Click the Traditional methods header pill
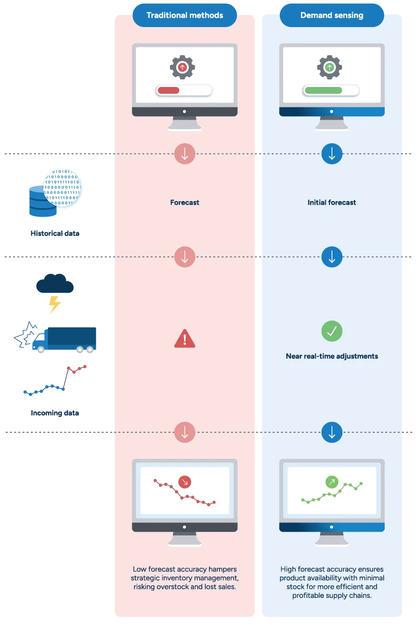[x=185, y=16]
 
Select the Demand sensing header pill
[x=332, y=16]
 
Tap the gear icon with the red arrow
[x=182, y=67]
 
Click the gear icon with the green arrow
[x=329, y=67]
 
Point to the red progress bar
[x=168, y=91]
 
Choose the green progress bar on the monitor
[x=323, y=91]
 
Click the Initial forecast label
[x=332, y=202]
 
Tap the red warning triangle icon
[x=185, y=339]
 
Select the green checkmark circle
[x=332, y=331]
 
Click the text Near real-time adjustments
[x=332, y=356]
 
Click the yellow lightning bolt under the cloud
[x=53, y=305]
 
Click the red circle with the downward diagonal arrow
[x=185, y=482]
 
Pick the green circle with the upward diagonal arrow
[x=332, y=482]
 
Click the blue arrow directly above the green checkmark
[x=332, y=257]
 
